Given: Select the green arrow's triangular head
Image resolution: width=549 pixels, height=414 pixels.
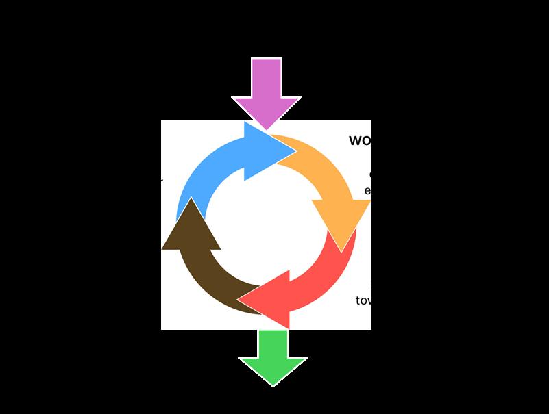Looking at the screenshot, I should (x=273, y=370).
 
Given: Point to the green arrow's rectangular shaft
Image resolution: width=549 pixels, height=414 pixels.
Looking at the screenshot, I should (x=273, y=342).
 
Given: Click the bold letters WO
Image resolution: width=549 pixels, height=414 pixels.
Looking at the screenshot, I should (x=359, y=141).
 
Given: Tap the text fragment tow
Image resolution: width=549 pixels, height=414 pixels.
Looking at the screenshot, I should (x=363, y=300).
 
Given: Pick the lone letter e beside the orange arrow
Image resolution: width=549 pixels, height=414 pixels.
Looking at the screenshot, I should (x=367, y=190).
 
